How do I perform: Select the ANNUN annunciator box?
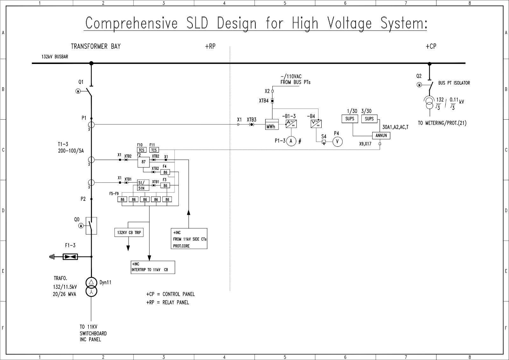[x=381, y=135]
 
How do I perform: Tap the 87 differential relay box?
[x=143, y=162]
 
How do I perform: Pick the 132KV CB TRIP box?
[x=129, y=233]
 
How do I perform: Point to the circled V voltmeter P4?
[x=338, y=142]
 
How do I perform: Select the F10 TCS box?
[x=142, y=150]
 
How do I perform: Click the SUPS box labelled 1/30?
[x=350, y=119]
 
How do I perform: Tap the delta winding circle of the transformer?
[x=91, y=282]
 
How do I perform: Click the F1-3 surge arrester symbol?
[x=70, y=257]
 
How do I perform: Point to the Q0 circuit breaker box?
[x=91, y=226]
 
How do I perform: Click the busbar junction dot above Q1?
[x=91, y=63]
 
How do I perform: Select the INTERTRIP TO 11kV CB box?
[x=153, y=267]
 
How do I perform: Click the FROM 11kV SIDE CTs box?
[x=189, y=239]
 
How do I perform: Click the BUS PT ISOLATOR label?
[x=454, y=83]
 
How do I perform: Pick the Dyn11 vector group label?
[x=105, y=283]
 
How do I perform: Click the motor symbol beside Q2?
[x=420, y=85]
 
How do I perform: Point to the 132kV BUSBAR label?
[x=55, y=57]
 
